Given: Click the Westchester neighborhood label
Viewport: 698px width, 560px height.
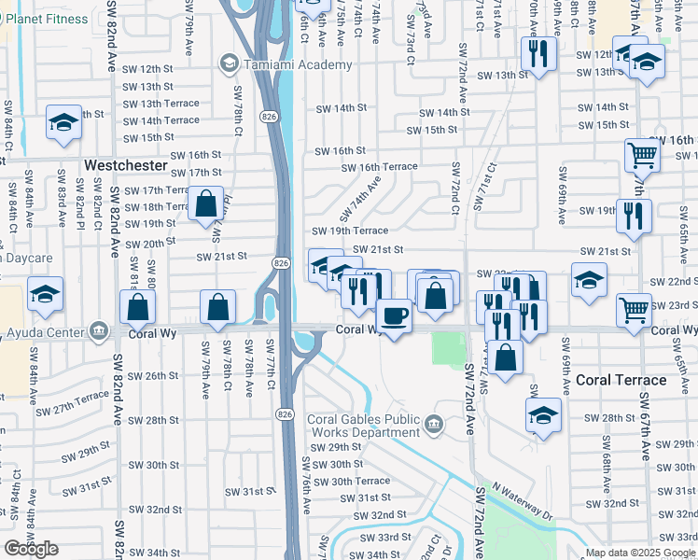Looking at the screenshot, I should point(125,165).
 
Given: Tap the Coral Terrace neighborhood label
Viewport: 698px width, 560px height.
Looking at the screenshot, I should point(621,380).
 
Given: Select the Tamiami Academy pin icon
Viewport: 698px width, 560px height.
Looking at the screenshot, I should point(228,63).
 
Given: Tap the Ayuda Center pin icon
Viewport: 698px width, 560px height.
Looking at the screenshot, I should point(97,331).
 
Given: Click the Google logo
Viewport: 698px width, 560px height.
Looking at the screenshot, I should point(31,549).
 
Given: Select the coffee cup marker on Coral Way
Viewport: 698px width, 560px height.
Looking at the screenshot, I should point(394,316).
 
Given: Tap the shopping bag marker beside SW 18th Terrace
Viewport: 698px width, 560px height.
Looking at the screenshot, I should point(205,203).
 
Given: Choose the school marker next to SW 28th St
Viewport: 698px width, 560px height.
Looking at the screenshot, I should point(543,415).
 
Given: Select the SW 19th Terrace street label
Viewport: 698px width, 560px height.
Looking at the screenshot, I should point(349,231).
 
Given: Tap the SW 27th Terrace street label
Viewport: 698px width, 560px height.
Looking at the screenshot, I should point(73,403).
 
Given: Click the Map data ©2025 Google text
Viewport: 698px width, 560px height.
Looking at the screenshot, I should point(640,553).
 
